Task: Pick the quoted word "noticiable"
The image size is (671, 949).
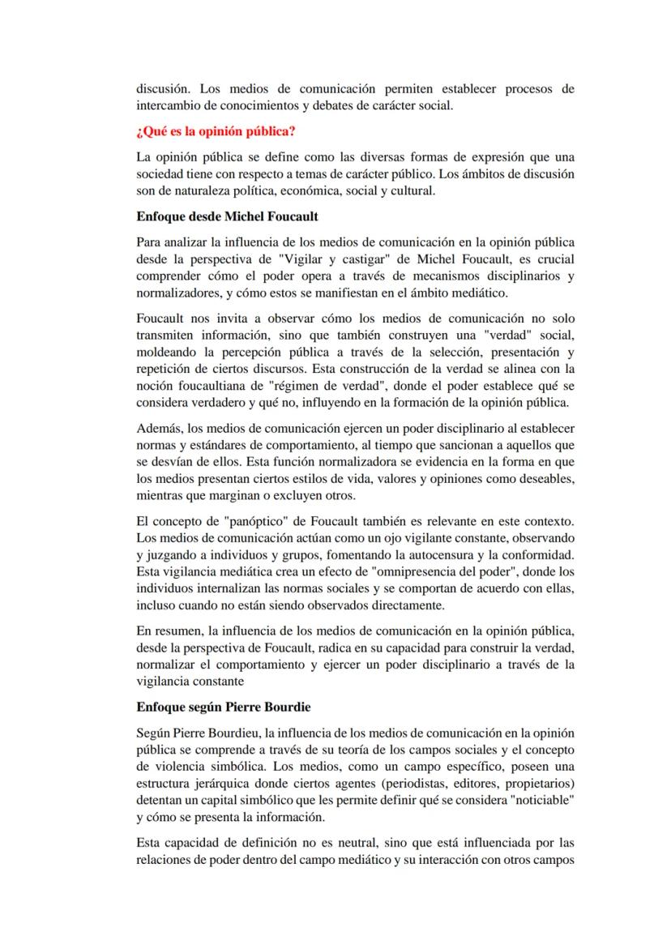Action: tap(543, 800)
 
